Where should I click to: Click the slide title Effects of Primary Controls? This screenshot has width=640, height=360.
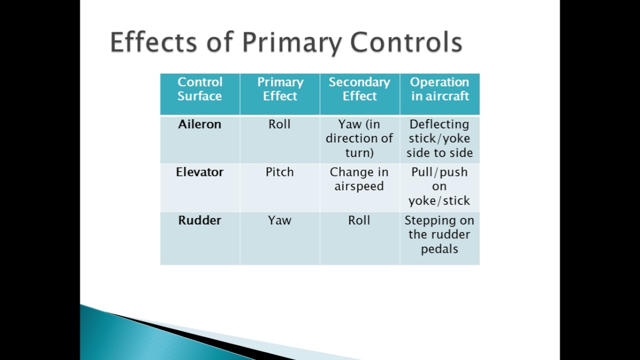pos(285,42)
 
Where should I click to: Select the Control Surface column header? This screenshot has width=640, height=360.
pos(199,89)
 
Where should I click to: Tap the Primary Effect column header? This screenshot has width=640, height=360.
pos(280,89)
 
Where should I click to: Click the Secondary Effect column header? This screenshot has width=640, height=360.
pos(359,89)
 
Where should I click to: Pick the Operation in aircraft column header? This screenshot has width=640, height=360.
pos(439,89)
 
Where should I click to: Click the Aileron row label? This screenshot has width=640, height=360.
pos(199,124)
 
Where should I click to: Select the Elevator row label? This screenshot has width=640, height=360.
pos(199,172)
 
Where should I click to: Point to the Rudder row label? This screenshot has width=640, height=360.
pos(199,220)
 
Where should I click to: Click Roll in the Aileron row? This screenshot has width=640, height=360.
pos(279,124)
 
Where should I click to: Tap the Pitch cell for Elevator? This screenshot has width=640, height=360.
pos(279,172)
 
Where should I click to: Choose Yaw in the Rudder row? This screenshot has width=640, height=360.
pos(279,220)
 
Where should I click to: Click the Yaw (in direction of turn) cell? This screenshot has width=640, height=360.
pos(359,138)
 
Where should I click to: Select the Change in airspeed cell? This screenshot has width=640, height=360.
pos(359,179)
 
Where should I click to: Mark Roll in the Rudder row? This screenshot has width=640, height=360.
pos(359,220)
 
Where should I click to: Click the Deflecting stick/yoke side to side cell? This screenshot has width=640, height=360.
pos(439,138)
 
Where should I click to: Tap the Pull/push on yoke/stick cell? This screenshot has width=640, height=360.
pos(439,186)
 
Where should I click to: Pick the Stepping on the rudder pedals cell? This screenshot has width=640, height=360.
pos(439,234)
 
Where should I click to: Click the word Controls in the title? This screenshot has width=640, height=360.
pos(406,42)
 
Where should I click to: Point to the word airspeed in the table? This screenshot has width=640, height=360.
pos(359,186)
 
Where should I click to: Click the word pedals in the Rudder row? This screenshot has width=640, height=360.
pos(439,249)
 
